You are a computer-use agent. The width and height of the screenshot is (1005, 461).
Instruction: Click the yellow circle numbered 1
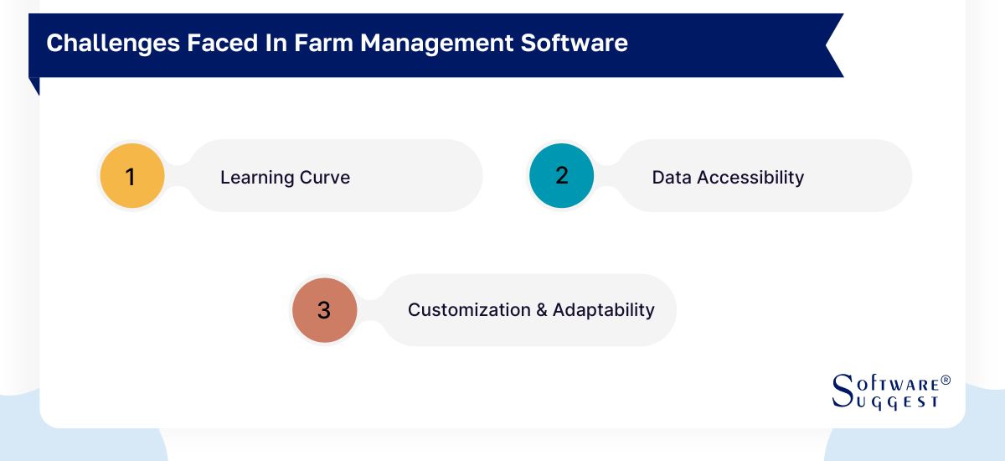click(x=131, y=177)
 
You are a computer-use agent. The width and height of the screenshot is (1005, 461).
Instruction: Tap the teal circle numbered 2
click(x=561, y=176)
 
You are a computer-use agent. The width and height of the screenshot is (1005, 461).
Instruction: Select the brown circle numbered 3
click(x=324, y=310)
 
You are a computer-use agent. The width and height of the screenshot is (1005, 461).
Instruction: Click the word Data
click(x=672, y=178)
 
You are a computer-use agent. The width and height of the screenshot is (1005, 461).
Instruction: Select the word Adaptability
click(x=604, y=310)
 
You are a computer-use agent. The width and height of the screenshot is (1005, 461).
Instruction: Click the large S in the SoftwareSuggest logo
click(x=842, y=391)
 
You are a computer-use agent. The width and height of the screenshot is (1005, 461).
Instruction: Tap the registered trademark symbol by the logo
click(x=946, y=381)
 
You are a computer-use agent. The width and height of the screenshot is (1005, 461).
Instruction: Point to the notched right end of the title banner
click(x=832, y=45)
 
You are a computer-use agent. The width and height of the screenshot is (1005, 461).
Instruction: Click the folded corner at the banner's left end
click(x=34, y=85)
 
